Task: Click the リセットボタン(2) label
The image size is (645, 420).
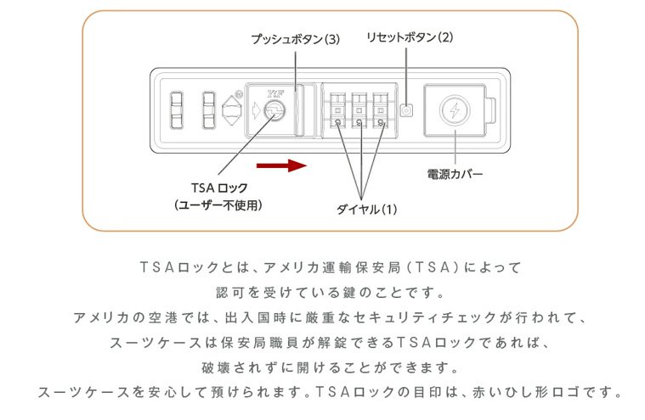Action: [x=409, y=37]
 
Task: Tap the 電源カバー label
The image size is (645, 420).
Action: [x=455, y=174]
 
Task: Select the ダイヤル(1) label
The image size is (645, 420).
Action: [x=366, y=208]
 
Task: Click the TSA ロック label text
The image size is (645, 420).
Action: [x=218, y=188]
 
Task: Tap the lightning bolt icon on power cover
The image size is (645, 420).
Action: [x=455, y=111]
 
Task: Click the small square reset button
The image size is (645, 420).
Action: [x=406, y=111]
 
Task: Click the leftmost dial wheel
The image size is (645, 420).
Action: [x=337, y=111]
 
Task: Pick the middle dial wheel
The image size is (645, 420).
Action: [x=359, y=111]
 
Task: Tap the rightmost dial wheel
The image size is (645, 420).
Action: [x=382, y=111]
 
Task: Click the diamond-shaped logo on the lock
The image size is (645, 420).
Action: [x=232, y=111]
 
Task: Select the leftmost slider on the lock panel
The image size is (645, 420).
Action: [x=178, y=110]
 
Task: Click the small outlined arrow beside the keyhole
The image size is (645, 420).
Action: [x=257, y=111]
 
